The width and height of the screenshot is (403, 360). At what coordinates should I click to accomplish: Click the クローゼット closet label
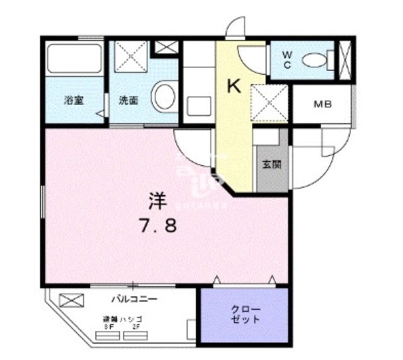click(x=244, y=315)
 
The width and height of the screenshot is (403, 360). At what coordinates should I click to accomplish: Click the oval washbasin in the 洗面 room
click(x=166, y=98)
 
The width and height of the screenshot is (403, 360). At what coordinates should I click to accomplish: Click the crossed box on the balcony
click(x=71, y=301)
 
